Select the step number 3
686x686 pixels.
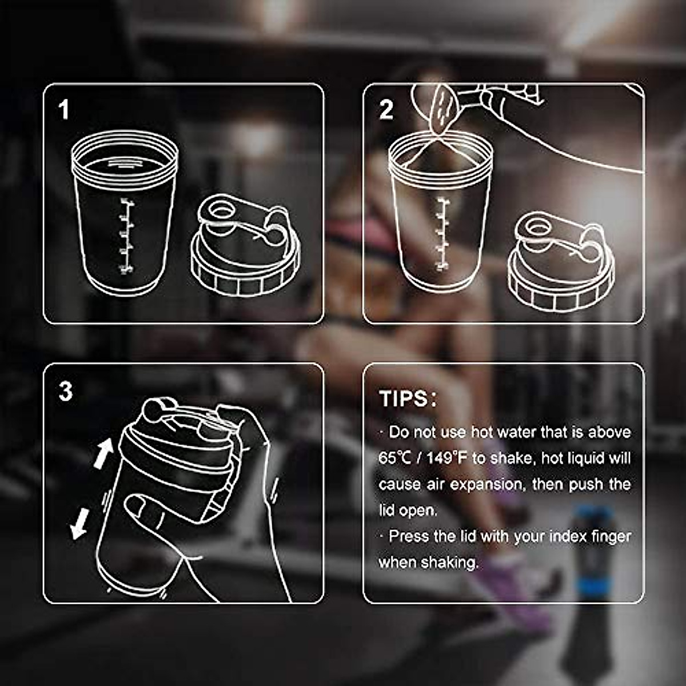coord(66,392)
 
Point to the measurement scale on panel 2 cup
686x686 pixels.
coord(441,233)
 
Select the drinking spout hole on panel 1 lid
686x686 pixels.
coord(220,211)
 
